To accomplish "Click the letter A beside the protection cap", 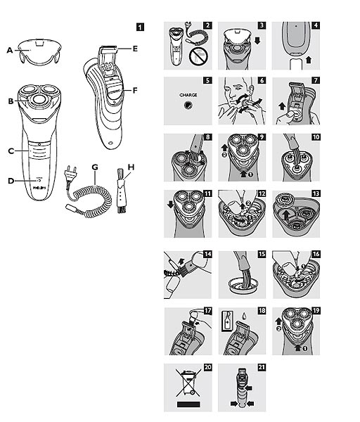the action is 10,51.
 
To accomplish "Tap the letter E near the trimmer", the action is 135,49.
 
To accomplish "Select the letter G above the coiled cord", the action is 95,167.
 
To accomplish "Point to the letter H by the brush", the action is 131,167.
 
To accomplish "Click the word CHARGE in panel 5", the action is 188,95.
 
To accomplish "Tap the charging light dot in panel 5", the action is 188,105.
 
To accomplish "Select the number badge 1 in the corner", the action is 140,27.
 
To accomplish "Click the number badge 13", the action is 316,193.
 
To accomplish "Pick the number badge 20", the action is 208,367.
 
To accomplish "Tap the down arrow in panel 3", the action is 257,41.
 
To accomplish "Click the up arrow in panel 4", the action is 309,60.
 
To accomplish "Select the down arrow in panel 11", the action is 170,205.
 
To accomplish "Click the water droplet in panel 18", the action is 244,316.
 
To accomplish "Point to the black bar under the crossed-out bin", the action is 188,404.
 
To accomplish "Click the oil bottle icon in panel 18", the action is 227,321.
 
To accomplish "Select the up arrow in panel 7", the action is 282,106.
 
